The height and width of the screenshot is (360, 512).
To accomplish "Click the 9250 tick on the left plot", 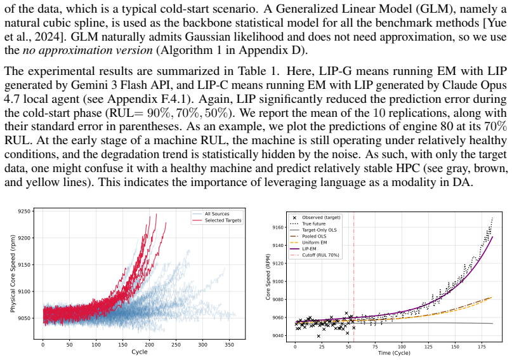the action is pos(25,211).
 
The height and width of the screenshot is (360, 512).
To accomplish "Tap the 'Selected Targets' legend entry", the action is pos(217,220).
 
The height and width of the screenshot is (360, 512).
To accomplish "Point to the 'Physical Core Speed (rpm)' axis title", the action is pos(13,274).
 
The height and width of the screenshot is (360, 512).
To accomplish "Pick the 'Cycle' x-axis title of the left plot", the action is pos(140,352).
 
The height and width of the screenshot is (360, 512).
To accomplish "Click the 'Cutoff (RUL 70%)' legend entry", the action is pos(315,255).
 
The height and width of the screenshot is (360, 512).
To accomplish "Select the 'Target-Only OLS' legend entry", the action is pos(313,230).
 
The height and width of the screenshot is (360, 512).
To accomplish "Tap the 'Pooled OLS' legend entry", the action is pos(308,236).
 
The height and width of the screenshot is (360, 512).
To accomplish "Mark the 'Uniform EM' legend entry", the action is pos(308,243).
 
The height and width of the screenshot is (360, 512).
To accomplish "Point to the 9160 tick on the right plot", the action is pos(278,227).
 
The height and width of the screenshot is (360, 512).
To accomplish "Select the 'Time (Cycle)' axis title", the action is pos(394,353).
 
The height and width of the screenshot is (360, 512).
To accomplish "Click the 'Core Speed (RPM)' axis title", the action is pos(268,277).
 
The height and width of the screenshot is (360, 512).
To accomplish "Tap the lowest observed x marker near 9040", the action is pos(318,336).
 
